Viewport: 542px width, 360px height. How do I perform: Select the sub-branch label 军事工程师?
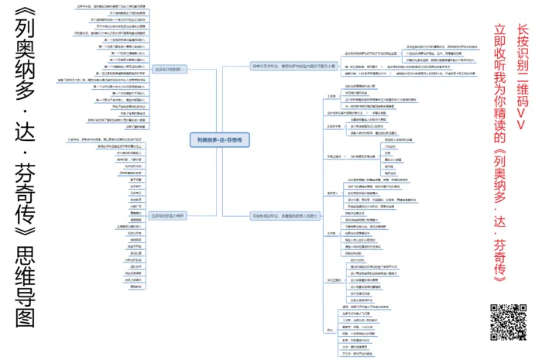pyautogui.click(x=335, y=157)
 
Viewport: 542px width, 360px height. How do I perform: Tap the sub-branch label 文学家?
pyautogui.click(x=332, y=231)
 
